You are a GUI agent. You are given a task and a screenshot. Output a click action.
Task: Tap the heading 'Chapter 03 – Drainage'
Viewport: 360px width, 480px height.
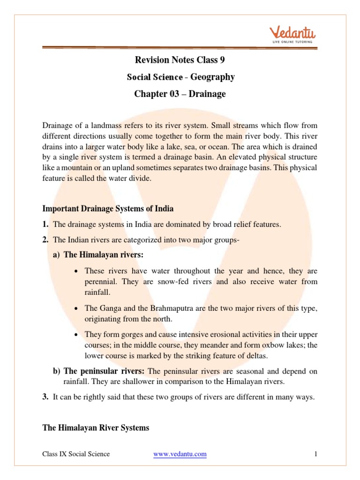(180, 94)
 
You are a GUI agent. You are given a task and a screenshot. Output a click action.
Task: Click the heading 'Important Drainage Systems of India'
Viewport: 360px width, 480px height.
(108, 208)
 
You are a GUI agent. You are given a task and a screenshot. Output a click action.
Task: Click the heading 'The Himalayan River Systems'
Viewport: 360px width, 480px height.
(96, 427)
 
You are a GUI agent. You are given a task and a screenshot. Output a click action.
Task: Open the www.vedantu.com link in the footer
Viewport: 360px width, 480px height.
(180, 454)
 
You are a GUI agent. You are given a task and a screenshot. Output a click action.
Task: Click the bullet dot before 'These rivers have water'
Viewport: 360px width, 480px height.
(76, 271)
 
